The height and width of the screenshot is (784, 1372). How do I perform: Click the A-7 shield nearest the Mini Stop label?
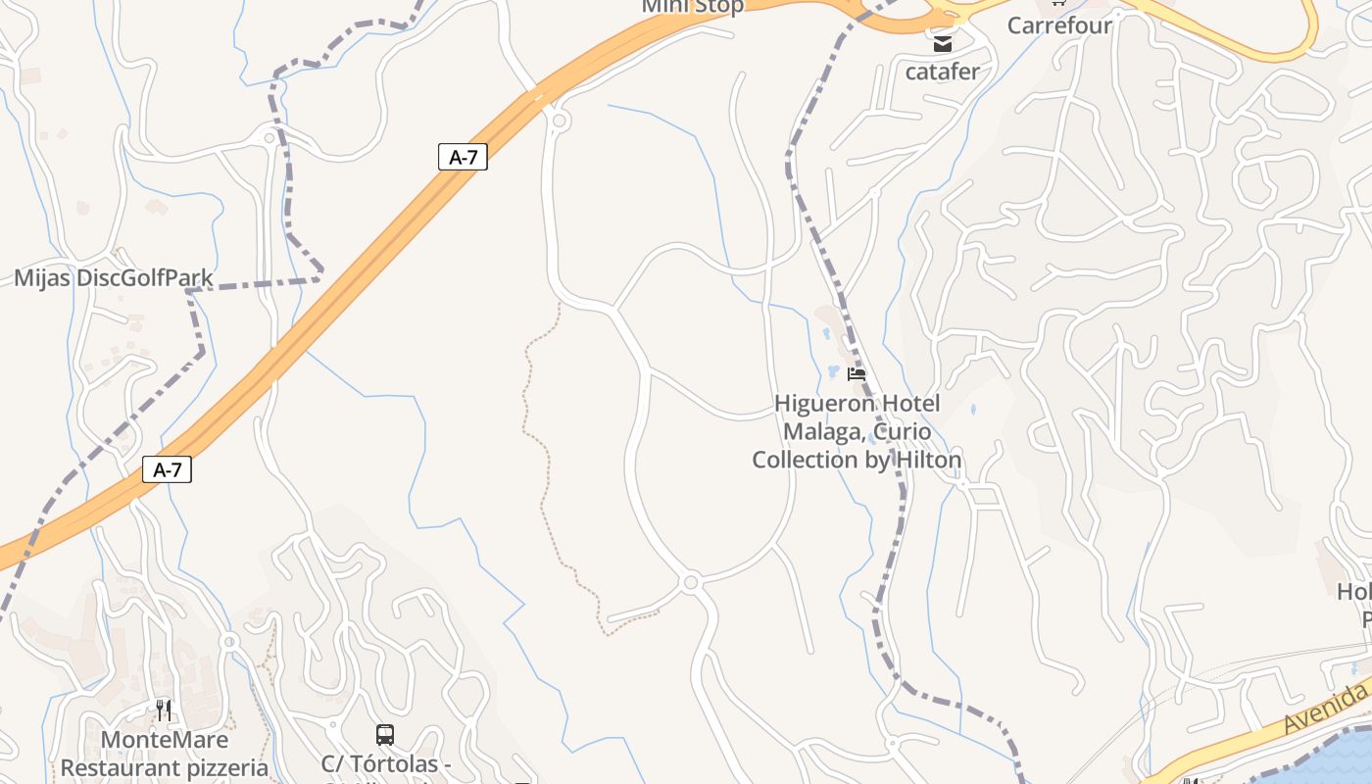coord(462,156)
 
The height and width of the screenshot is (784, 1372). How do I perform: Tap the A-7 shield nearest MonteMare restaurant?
coord(168,469)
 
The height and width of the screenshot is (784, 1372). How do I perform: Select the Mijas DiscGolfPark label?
coord(114,278)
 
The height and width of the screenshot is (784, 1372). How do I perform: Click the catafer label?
coord(942,72)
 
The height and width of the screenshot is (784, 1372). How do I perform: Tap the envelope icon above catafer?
coord(942,44)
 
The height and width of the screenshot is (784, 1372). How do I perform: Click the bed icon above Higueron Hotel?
coord(857,373)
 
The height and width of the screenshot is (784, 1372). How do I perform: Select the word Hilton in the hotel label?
coord(920,460)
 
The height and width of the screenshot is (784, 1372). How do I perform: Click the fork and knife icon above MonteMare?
coord(164,710)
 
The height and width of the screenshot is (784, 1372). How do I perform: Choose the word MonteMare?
coord(165,740)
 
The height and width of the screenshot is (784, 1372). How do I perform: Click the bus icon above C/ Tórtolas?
coord(385,735)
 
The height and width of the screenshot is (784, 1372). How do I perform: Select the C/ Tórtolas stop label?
coord(386,763)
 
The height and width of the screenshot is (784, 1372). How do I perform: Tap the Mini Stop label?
coord(692,6)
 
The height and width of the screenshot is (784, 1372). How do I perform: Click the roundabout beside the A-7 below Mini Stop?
coord(560,121)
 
